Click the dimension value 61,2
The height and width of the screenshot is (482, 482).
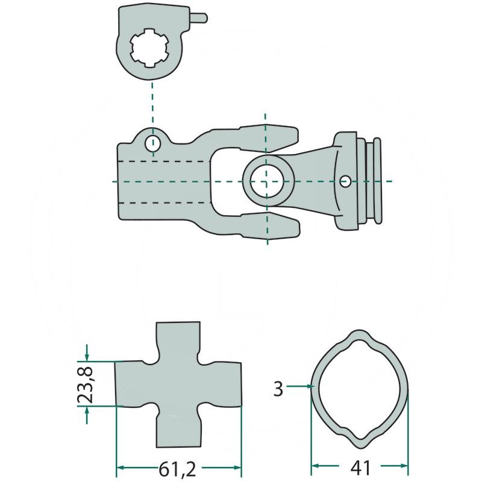pyautogui.click(x=179, y=467)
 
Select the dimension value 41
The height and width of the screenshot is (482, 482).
pyautogui.click(x=360, y=467)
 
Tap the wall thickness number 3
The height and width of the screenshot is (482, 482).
pyautogui.click(x=278, y=389)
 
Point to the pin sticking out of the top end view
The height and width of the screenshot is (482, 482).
pyautogui.click(x=198, y=18)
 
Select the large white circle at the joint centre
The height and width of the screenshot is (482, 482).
pyautogui.click(x=266, y=181)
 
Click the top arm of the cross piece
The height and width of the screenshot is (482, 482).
pyautogui.click(x=178, y=341)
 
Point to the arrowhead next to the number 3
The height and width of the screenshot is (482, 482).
pyautogui.click(x=306, y=386)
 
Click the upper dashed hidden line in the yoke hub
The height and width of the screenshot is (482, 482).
pyautogui.click(x=163, y=161)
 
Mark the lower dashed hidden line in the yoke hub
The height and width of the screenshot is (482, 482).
pyautogui.click(x=163, y=202)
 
